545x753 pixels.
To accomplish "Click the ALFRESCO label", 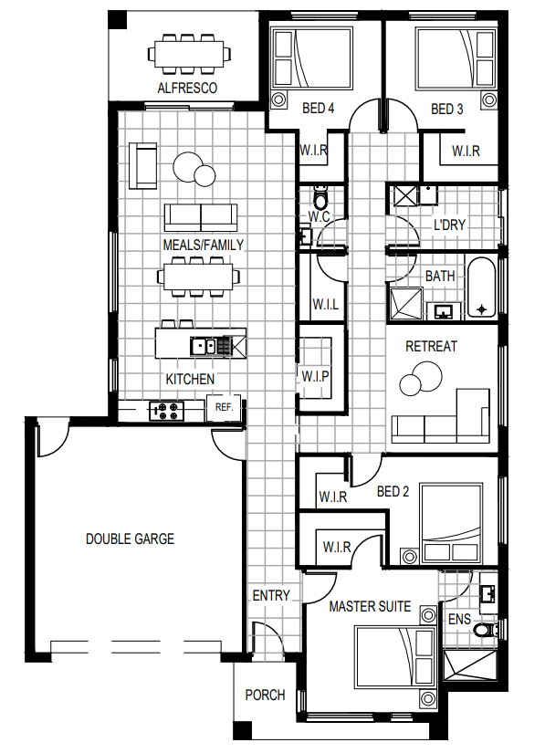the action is [187, 88].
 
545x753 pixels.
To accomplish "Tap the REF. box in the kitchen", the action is [224, 408].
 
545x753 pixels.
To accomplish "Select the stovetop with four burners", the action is [167, 411].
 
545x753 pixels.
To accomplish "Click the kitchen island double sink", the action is [204, 346].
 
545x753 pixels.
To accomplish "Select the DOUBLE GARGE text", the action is [130, 539].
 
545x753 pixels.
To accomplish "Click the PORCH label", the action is [265, 695].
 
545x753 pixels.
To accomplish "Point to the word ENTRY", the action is [271, 595].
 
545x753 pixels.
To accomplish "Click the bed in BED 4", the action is [311, 58].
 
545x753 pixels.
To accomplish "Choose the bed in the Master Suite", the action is [394, 657].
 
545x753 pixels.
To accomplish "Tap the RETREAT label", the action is [431, 346].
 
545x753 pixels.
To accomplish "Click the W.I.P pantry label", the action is [316, 376].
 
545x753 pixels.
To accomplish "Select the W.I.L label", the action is [326, 304].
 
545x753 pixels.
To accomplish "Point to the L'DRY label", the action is [449, 225].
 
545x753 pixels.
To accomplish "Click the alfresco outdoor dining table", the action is [188, 53].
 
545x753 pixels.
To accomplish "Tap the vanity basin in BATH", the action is [443, 311].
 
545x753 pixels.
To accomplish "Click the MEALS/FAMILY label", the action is [203, 246].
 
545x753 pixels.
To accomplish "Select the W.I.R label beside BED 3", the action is [466, 152].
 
